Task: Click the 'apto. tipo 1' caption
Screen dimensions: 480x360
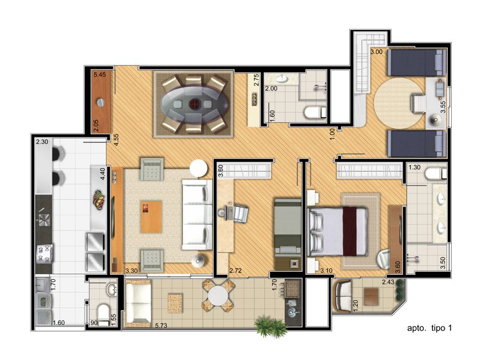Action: point(429,328)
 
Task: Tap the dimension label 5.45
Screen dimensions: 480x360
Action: point(100,74)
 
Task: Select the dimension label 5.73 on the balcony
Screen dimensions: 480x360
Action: point(161,325)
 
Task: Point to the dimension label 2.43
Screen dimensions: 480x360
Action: point(388,282)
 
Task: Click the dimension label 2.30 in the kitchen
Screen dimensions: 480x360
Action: point(42,142)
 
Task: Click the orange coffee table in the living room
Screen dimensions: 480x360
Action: point(151,217)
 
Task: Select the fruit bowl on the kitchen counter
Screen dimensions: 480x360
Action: point(99,200)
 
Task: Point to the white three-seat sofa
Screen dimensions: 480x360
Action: point(197,214)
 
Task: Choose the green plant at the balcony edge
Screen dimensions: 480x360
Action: point(270,327)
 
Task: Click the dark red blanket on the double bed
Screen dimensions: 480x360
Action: point(350,231)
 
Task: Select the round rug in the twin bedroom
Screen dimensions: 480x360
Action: point(400,103)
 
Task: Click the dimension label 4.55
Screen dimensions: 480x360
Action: point(116,140)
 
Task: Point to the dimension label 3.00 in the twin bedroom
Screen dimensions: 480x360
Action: point(377,52)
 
